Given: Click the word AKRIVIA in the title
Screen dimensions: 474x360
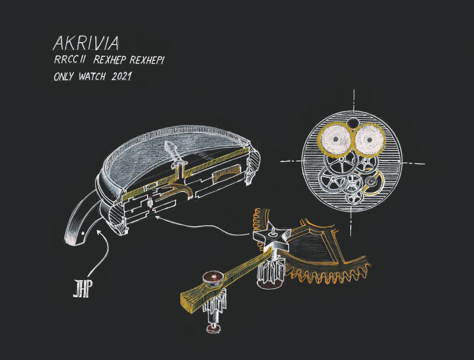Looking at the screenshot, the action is (86, 43).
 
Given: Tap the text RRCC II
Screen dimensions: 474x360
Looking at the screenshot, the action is (69, 60).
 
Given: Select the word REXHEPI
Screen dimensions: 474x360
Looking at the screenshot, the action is (146, 60).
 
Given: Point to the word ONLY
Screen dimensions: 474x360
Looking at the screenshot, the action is (63, 76).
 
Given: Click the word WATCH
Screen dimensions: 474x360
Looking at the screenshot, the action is (92, 76).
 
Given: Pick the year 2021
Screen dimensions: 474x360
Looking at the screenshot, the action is (121, 76).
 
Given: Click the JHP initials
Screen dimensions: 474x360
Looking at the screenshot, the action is (82, 289).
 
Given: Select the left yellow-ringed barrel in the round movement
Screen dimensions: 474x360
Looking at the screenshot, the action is (335, 139).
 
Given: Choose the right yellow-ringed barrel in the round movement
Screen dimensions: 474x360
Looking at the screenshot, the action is (369, 140).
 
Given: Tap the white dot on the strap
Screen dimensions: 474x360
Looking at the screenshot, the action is (83, 233).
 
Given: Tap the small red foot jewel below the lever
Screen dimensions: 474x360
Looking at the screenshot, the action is (214, 328).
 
